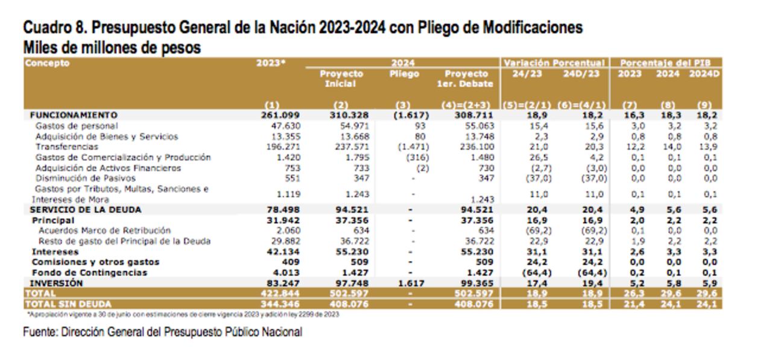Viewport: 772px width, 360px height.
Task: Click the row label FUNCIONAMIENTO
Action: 74,115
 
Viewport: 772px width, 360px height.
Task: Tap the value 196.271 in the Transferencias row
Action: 285,147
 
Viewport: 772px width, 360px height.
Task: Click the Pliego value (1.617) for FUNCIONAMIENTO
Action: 410,115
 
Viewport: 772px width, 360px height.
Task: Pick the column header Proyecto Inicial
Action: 341,78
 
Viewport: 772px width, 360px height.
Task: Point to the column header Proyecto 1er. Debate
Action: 465,78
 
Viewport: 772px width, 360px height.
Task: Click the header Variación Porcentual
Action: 554,63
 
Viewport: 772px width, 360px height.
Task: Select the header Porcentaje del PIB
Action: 666,63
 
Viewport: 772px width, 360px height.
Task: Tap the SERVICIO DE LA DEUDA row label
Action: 86,210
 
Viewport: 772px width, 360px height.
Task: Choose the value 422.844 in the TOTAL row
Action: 283,293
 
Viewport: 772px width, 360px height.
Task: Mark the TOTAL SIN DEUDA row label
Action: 68,304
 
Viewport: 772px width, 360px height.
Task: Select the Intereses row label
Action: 55,251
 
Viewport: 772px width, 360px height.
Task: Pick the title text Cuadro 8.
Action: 55,28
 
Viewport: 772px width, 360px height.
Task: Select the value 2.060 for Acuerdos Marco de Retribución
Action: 288,230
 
